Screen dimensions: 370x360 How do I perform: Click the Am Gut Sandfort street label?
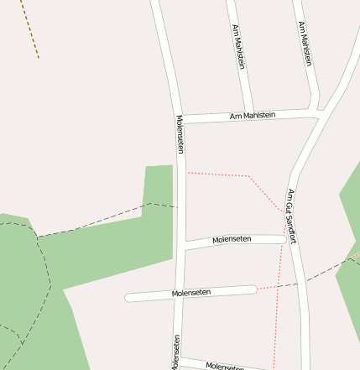coord(292,216)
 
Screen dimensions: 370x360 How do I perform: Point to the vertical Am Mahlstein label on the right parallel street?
coord(305,44)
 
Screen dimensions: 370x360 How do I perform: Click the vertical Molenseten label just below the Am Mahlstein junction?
coord(180,134)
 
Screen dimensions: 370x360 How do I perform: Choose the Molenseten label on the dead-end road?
coord(190,292)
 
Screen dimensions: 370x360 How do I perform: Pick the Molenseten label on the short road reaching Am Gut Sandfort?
coord(232,240)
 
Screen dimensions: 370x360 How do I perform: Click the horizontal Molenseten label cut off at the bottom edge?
coord(225,366)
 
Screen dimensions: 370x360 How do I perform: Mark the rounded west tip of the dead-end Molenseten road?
coord(129,297)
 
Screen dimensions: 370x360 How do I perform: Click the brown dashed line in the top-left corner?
coord(31,29)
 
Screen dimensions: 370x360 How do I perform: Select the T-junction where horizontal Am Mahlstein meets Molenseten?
coord(180,119)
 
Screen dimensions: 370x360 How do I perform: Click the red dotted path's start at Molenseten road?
coord(186,173)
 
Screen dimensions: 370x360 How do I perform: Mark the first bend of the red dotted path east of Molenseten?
coord(248,176)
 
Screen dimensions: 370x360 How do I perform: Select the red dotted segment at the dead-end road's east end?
coord(267,288)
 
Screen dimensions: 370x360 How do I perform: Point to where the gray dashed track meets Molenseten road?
coord(176,206)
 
